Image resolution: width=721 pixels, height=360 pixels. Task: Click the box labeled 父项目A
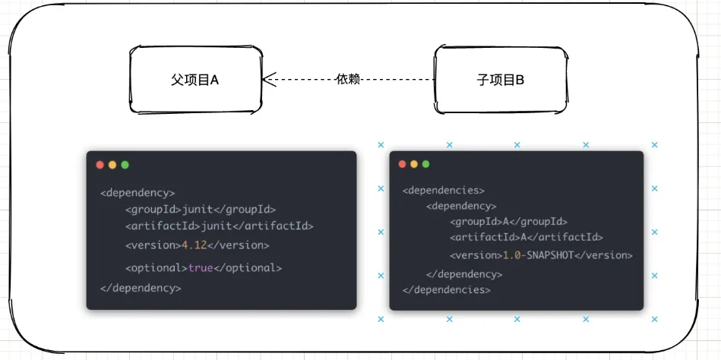click(x=194, y=80)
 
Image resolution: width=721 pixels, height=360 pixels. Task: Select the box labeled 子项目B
click(x=499, y=80)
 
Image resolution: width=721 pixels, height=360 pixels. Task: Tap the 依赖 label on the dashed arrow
click(x=348, y=79)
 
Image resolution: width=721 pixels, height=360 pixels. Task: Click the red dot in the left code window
click(x=100, y=165)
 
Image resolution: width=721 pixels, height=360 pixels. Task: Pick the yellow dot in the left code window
click(x=112, y=165)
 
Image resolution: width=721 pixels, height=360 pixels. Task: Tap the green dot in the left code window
click(x=125, y=165)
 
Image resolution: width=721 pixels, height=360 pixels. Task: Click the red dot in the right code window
click(x=402, y=164)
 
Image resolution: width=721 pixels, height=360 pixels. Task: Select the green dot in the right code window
click(x=426, y=164)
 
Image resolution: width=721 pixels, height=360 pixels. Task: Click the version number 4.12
click(x=193, y=245)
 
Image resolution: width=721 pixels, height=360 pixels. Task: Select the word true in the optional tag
click(x=201, y=268)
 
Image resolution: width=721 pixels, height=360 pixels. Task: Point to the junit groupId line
click(x=200, y=209)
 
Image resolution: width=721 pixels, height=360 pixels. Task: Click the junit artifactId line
click(x=219, y=226)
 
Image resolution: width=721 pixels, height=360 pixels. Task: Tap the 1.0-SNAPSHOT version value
click(x=537, y=255)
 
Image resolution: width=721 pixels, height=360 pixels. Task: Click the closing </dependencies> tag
click(x=446, y=289)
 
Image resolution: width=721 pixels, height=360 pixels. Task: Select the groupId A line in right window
click(x=508, y=222)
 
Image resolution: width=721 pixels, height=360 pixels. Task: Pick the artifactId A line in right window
click(x=527, y=237)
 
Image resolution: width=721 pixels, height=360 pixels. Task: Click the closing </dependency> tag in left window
click(x=141, y=288)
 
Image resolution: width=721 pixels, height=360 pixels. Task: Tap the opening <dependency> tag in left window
click(x=138, y=193)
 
